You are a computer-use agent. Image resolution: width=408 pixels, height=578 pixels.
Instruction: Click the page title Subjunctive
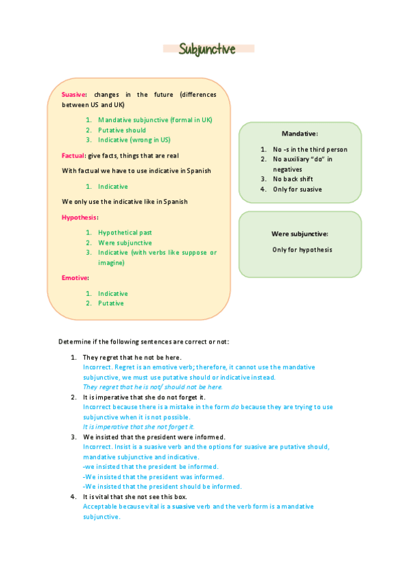pyautogui.click(x=207, y=49)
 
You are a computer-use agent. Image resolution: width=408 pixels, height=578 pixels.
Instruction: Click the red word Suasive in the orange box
pyautogui.click(x=74, y=95)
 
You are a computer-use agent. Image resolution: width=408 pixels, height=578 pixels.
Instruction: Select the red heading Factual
pyautogui.click(x=74, y=155)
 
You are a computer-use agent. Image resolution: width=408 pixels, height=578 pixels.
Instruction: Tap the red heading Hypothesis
pyautogui.click(x=80, y=217)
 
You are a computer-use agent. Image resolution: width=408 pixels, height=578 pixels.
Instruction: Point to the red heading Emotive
pyautogui.click(x=75, y=278)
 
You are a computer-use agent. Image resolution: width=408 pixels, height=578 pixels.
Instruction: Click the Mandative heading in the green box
pyautogui.click(x=300, y=134)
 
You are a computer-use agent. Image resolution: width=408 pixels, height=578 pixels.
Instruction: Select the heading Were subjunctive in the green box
pyautogui.click(x=300, y=234)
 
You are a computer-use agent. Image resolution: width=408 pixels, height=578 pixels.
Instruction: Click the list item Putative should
pyautogui.click(x=122, y=130)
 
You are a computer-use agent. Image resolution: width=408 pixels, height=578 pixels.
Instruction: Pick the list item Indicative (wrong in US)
pyautogui.click(x=134, y=140)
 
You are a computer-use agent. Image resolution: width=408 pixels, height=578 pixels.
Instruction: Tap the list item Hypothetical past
pyautogui.click(x=125, y=232)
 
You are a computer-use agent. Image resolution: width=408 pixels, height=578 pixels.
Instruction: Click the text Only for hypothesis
pyautogui.click(x=302, y=249)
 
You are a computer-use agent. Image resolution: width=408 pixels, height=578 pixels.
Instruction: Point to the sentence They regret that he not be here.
pyautogui.click(x=132, y=357)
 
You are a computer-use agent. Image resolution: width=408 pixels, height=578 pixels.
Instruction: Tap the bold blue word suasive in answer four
pyautogui.click(x=183, y=507)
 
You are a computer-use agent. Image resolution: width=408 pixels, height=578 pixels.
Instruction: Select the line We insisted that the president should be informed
pyautogui.click(x=162, y=487)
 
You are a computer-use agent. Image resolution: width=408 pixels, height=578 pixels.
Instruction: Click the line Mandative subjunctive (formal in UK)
pyautogui.click(x=155, y=119)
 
